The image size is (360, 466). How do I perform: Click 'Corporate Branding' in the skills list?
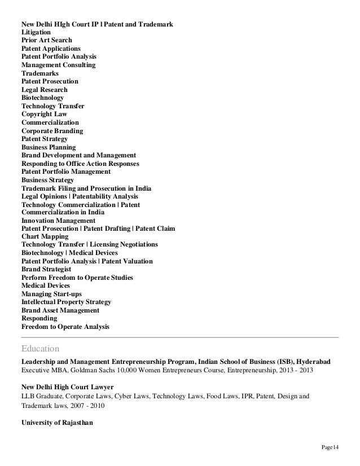click(x=52, y=131)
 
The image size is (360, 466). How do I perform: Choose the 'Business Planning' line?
click(x=49, y=147)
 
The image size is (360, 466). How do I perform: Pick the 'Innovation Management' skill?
click(x=58, y=221)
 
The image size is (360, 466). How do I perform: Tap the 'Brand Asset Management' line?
click(x=60, y=310)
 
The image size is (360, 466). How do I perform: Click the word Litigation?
click(x=36, y=33)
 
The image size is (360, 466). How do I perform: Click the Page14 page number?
click(x=329, y=448)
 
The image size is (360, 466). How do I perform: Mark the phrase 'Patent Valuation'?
click(x=127, y=261)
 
